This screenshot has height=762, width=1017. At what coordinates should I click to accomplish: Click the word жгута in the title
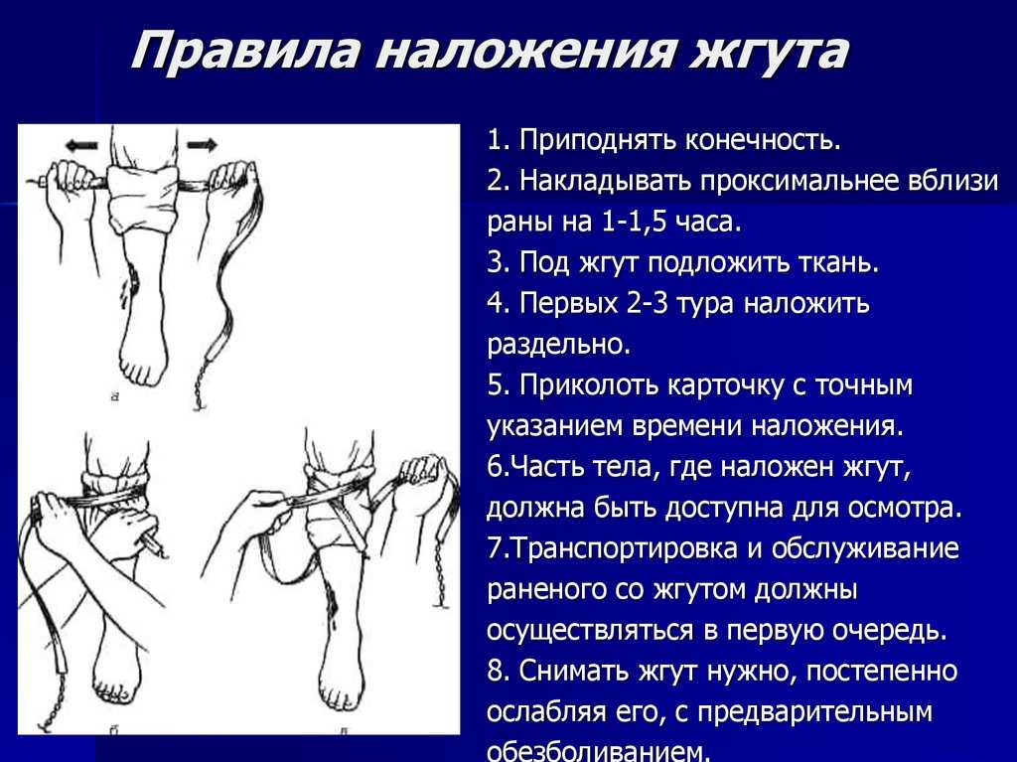click(x=769, y=52)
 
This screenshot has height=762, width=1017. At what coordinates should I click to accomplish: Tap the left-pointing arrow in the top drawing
click(x=81, y=145)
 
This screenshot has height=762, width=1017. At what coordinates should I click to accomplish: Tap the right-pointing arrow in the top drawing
click(x=203, y=144)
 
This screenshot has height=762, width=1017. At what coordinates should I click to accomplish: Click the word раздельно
click(x=558, y=344)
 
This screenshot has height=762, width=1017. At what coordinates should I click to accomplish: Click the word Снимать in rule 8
click(x=575, y=672)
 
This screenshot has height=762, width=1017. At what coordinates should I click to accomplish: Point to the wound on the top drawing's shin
click(x=135, y=280)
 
